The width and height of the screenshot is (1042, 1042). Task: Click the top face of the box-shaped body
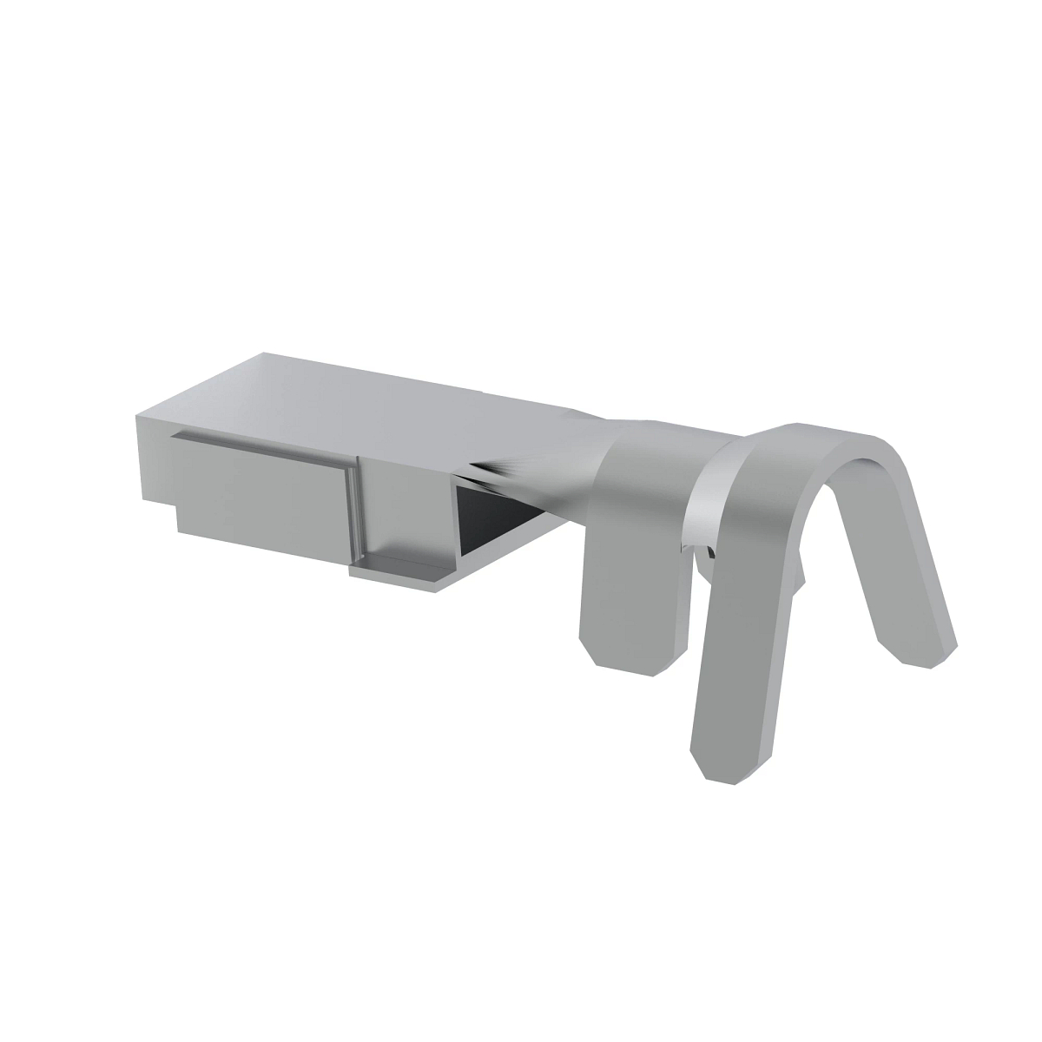[365, 391]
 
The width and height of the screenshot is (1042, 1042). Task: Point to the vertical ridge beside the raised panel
[354, 504]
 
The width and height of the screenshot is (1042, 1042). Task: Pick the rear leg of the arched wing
[903, 564]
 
